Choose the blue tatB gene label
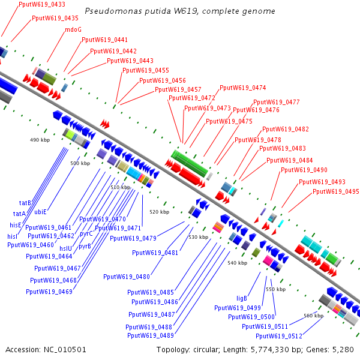[x=25, y=203]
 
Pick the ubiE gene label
[x=40, y=212]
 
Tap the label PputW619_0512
[x=279, y=336]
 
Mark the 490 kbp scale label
[x=38, y=139]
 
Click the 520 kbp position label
[x=159, y=212]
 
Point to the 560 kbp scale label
[x=313, y=315]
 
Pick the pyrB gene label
[x=85, y=245]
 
